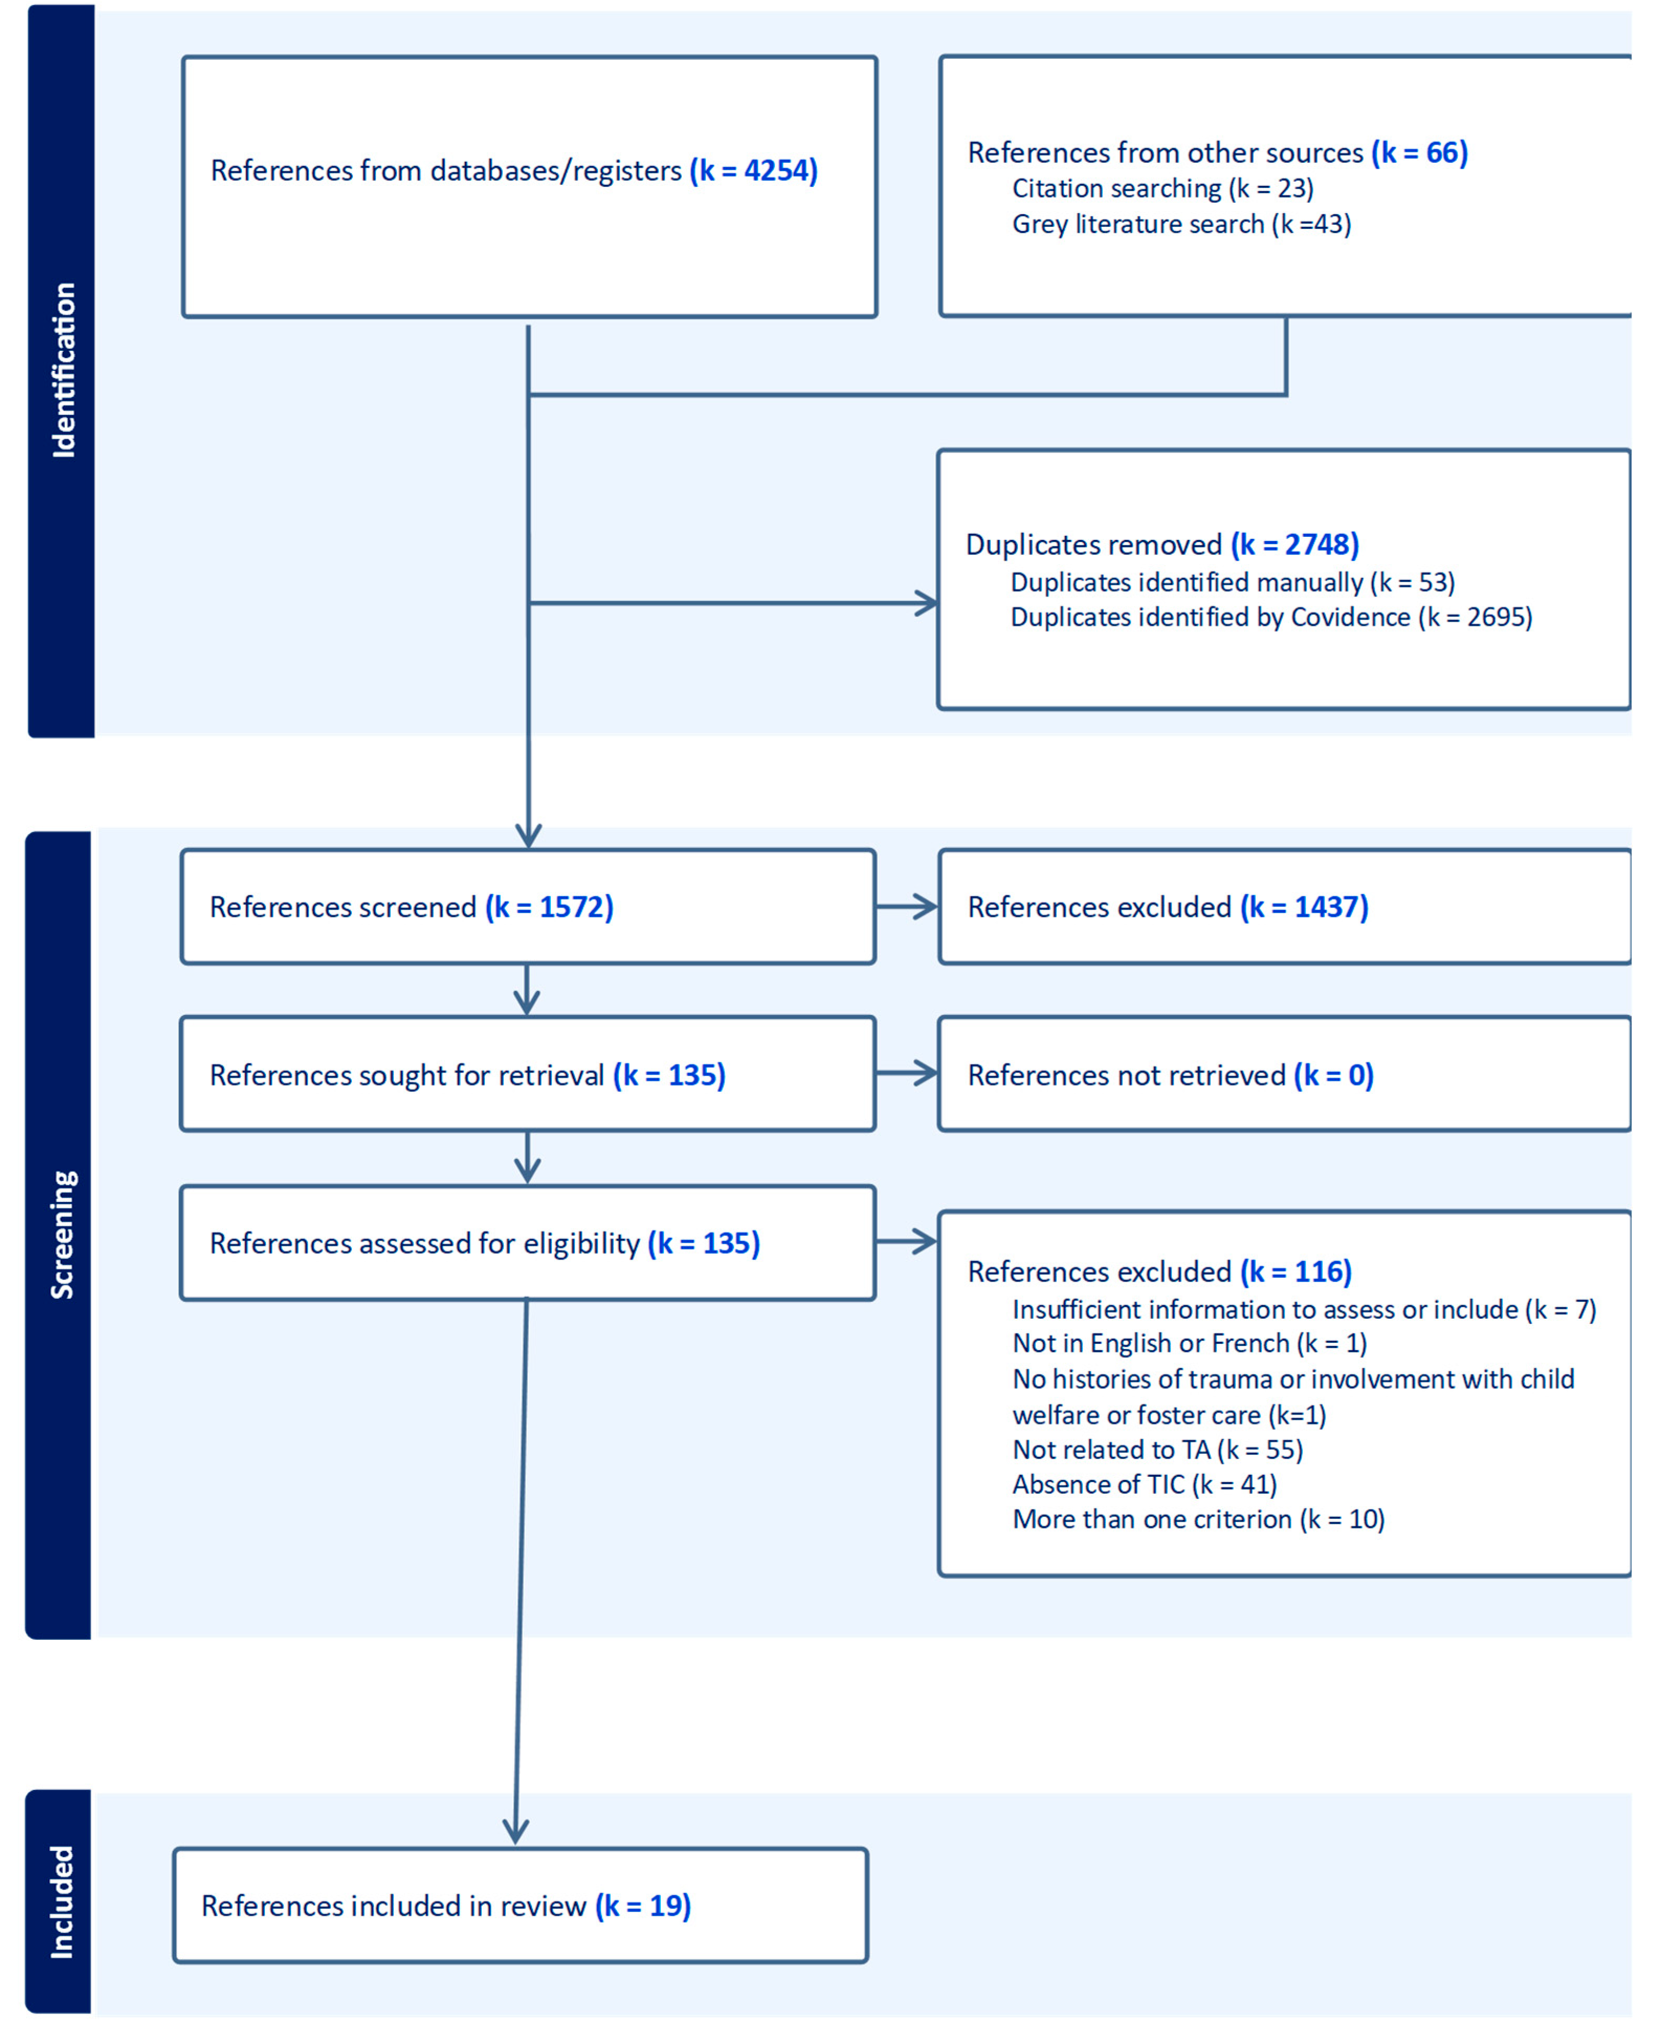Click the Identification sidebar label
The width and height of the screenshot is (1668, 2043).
[62, 370]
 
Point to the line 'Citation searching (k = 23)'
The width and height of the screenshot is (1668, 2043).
[1163, 189]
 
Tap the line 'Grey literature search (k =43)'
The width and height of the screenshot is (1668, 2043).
[1181, 224]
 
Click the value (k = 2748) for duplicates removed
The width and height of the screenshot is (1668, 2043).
[1294, 544]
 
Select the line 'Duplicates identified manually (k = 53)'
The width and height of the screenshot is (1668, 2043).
[1232, 582]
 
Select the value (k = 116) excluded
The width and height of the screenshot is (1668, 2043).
[1295, 1272]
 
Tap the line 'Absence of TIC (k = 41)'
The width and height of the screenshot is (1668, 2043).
[1143, 1485]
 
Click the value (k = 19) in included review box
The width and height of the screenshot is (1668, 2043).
[643, 1906]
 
